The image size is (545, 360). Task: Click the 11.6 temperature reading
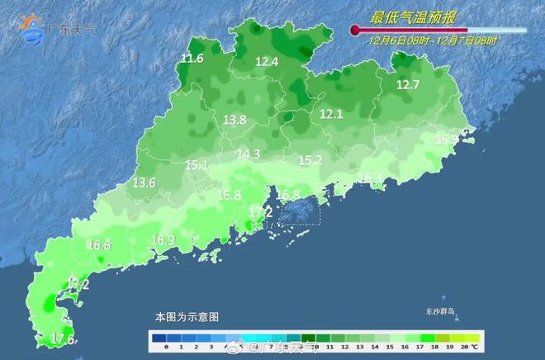point(192,59)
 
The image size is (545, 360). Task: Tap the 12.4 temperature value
point(267,62)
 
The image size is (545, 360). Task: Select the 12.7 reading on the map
point(408,85)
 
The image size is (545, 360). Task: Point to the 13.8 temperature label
point(235,121)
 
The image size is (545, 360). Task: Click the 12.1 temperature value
point(331,115)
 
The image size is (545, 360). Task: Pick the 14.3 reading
point(249,154)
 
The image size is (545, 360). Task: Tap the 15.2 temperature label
point(310,160)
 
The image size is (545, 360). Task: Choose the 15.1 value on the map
point(197,166)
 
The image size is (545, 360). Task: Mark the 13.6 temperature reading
point(145,182)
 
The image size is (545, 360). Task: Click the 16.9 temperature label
point(163,240)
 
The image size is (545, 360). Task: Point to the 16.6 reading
point(99,245)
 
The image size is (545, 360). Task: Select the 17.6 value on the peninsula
point(64,339)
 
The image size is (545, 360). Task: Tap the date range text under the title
point(433,40)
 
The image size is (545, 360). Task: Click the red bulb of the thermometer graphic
point(355,31)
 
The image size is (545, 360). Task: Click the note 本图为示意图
point(187,317)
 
